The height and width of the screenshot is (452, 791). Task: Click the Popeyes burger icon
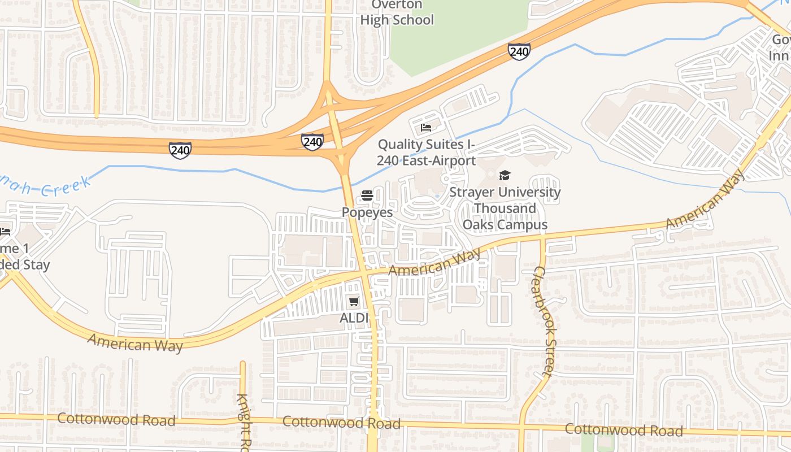point(367,196)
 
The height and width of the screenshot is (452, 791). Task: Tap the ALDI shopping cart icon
point(354,302)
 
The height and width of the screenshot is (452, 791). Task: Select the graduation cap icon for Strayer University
point(505,176)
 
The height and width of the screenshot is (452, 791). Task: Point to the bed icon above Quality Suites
point(426,127)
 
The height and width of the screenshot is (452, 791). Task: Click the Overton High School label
point(397,13)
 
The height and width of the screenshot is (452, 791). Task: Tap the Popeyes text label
point(367,212)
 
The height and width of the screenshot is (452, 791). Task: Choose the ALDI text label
point(354,318)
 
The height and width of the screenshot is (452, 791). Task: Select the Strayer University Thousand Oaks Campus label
point(505,208)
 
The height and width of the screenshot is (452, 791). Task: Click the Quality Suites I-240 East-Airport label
point(427,153)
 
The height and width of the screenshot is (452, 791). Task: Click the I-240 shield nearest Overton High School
point(519,51)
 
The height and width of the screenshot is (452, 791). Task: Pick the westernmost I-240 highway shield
point(180,150)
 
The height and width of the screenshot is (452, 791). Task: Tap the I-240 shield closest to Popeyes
point(312,142)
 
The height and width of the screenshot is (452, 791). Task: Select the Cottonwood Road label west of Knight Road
point(116,420)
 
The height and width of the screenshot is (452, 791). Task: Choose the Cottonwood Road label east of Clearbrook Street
point(623,430)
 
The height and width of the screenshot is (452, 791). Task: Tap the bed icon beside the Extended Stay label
point(5,232)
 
